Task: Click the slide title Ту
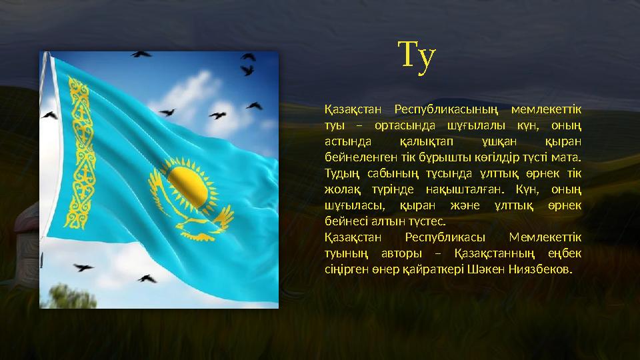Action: click(417, 55)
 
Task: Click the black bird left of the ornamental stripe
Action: click(49, 115)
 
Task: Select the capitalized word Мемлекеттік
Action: click(545, 237)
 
